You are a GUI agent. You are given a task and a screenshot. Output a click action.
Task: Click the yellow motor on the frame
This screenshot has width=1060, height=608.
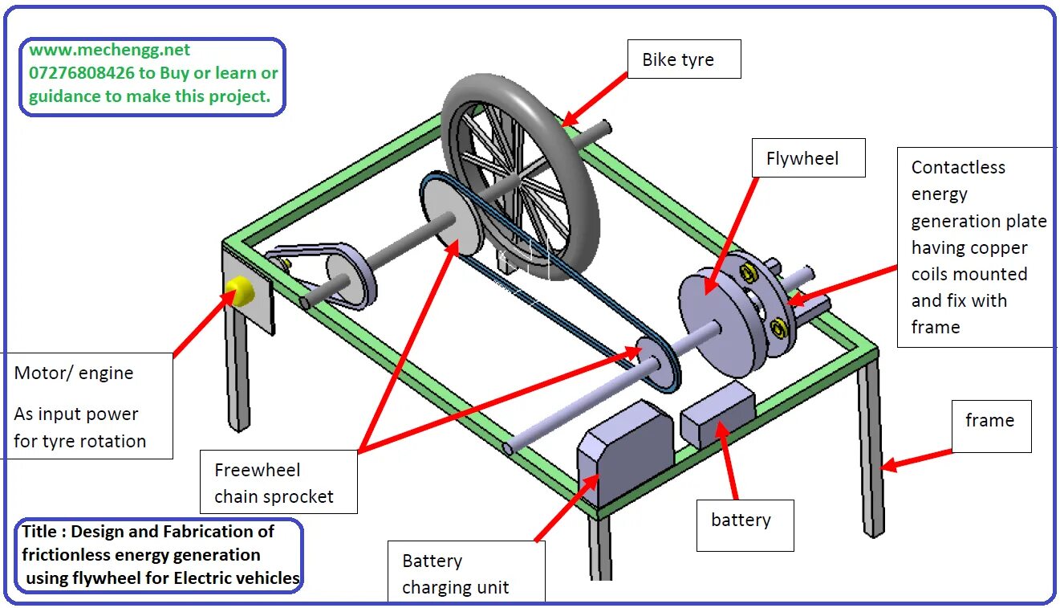coord(239,291)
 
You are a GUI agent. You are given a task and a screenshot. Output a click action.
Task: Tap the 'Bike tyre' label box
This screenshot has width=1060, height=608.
coord(683,60)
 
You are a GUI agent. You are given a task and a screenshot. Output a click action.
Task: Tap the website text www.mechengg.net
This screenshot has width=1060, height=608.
coord(110,50)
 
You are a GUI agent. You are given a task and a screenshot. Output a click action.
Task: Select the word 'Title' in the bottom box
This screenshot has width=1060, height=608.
coord(39,532)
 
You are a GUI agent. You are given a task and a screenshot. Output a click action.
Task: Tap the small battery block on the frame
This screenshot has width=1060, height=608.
coord(717,414)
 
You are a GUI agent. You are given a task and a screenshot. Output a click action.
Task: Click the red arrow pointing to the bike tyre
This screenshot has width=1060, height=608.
coord(597,97)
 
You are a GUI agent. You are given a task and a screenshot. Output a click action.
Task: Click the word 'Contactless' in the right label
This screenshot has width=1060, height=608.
coord(957,168)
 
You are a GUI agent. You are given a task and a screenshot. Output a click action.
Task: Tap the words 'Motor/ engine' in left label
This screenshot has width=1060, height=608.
coord(74,373)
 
